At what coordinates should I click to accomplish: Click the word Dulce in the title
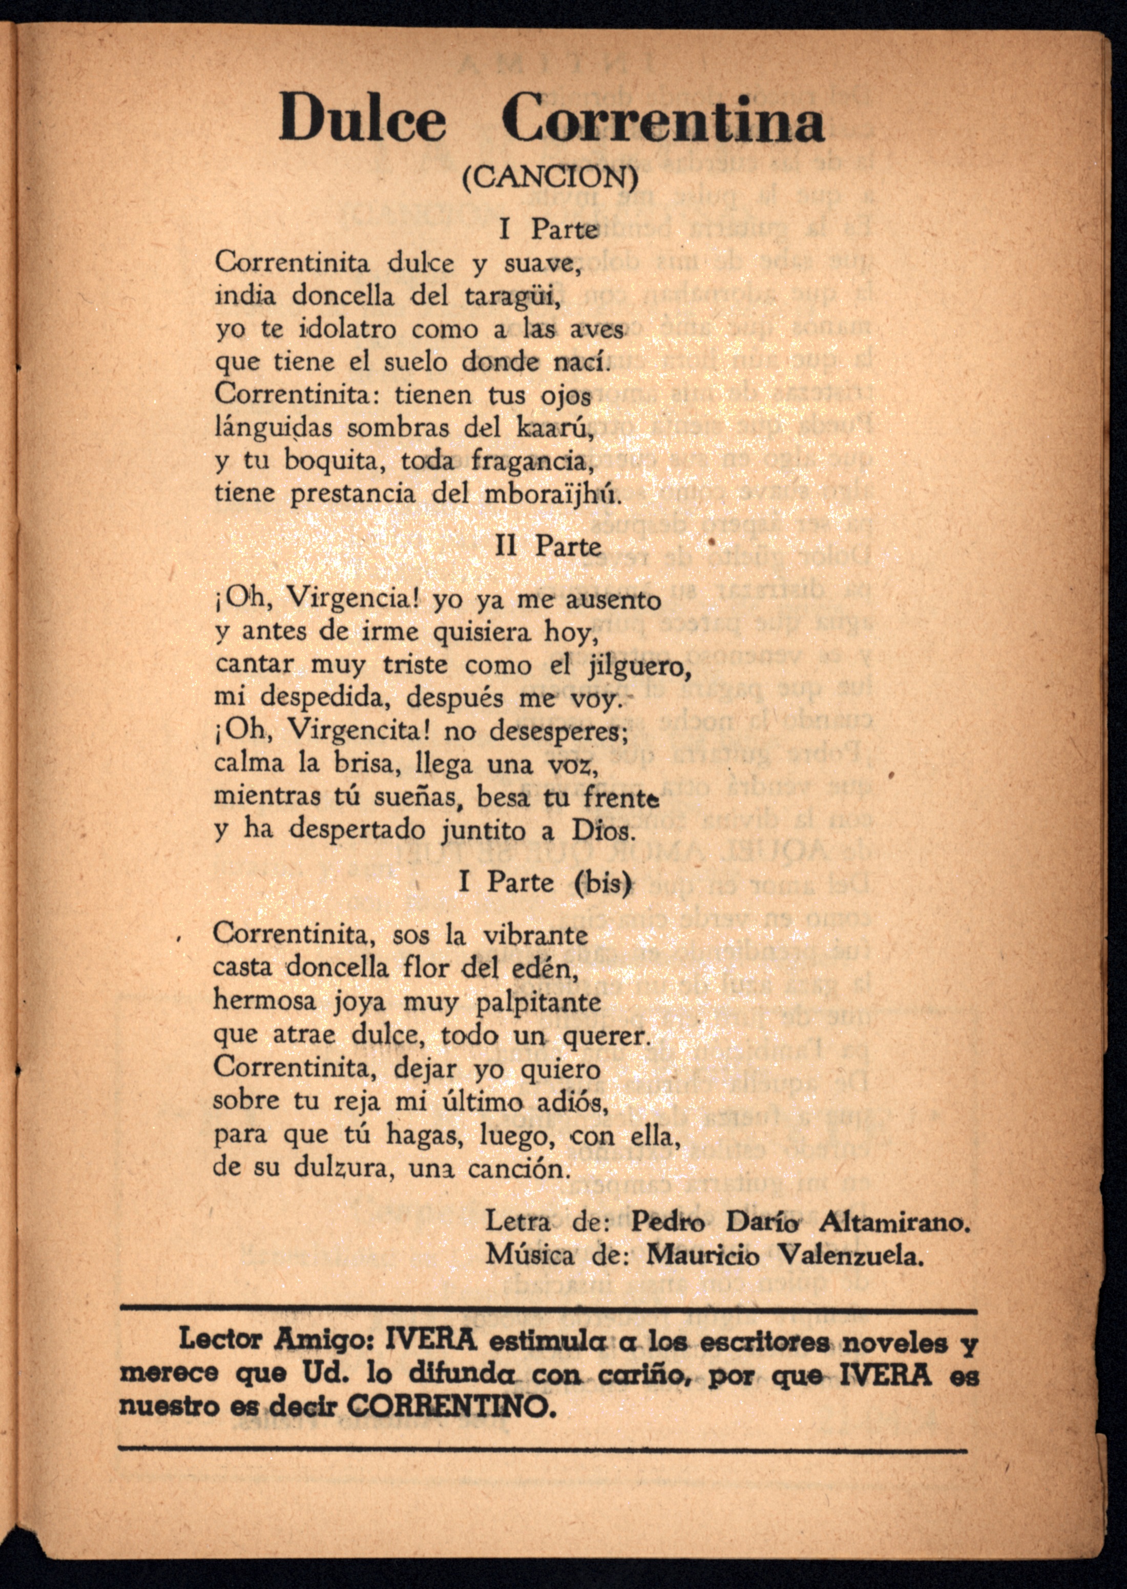[362, 119]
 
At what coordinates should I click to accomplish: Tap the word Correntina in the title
[663, 119]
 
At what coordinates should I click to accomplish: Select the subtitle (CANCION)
[550, 178]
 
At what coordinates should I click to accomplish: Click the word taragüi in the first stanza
[510, 296]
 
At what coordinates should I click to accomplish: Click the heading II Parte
[548, 546]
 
